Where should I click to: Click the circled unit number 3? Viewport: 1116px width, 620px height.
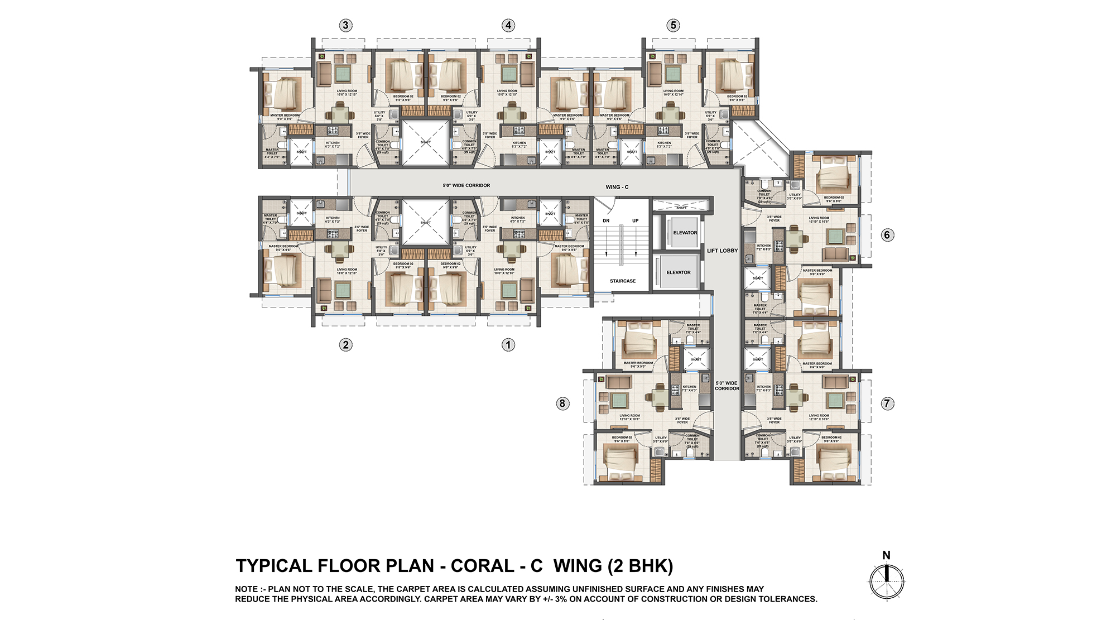pos(345,25)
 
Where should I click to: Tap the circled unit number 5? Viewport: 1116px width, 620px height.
pos(673,25)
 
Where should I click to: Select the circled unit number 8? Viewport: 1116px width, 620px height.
pos(562,403)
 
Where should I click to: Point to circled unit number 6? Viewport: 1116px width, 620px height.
pos(887,235)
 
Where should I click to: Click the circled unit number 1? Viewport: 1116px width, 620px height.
pos(508,345)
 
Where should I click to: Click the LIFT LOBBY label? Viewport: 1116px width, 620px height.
pos(722,251)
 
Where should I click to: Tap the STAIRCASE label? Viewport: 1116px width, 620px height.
pos(622,281)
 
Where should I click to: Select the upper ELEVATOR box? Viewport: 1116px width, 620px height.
pos(684,232)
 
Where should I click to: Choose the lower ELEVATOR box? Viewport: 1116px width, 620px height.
pos(678,272)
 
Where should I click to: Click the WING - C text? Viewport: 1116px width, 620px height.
pos(617,187)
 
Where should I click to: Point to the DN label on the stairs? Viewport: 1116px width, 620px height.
pos(606,221)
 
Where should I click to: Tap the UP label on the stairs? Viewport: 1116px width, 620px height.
pos(635,221)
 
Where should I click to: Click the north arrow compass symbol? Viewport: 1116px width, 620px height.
pos(886,580)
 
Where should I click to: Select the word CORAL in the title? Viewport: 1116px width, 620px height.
pos(483,566)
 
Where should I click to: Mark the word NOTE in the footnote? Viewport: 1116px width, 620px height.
pos(246,589)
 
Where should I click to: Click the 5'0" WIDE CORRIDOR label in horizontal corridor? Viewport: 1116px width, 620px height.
pos(466,185)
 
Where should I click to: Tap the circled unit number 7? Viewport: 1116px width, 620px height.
pos(887,403)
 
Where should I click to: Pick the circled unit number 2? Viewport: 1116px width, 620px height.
pos(345,345)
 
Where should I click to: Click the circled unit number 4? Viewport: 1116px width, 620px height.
pos(508,25)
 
